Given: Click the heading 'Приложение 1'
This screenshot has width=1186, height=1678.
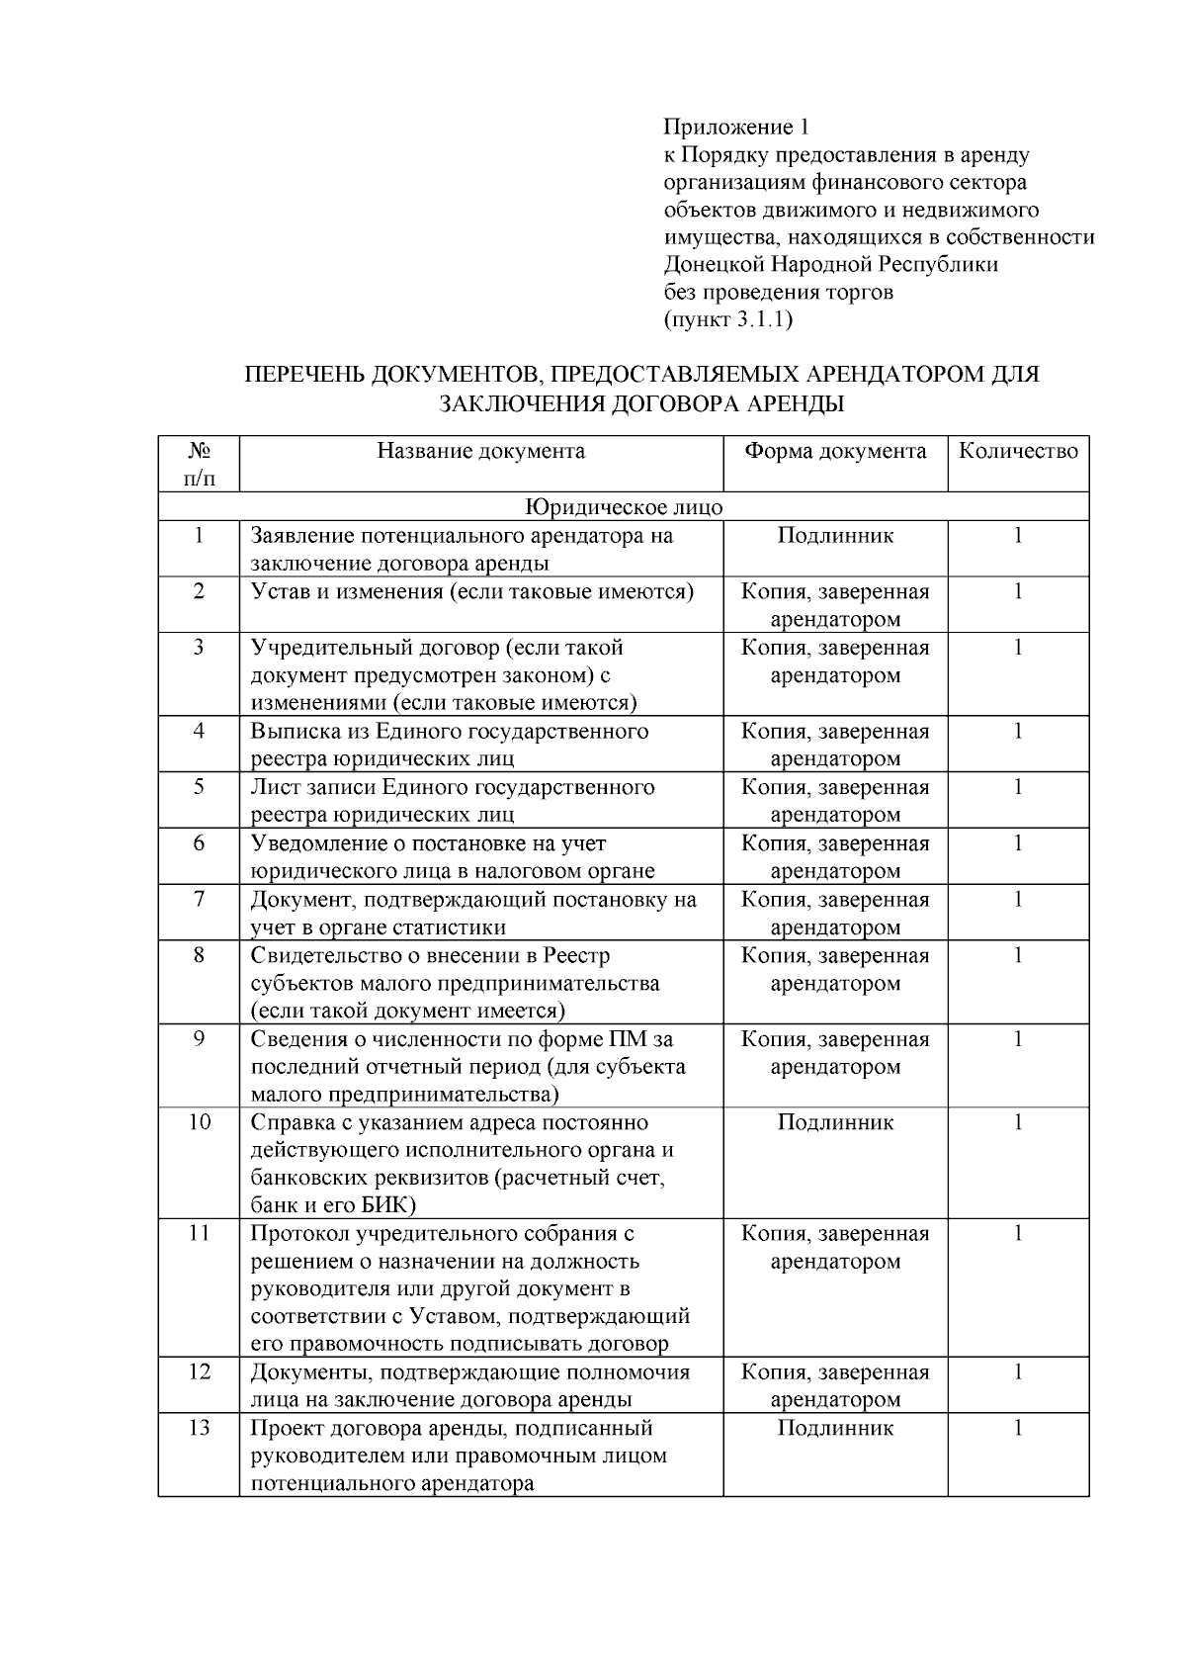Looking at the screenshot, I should [735, 128].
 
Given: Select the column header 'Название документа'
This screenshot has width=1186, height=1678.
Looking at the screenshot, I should [480, 452].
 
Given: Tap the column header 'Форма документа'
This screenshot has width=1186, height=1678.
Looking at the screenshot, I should [835, 452].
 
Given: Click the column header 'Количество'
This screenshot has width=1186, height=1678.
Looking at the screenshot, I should [1018, 452].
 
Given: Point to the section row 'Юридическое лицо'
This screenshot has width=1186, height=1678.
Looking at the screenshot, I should [623, 507].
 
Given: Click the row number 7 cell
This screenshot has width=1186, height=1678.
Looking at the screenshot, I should [199, 900].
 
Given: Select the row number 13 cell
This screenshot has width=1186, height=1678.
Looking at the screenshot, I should [199, 1428].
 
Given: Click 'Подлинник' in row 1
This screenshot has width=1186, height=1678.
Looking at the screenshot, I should [835, 536].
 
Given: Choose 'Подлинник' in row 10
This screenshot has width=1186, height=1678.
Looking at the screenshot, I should [835, 1122].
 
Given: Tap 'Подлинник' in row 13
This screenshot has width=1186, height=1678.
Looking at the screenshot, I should [835, 1428].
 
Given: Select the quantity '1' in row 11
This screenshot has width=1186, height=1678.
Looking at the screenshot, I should [1018, 1233].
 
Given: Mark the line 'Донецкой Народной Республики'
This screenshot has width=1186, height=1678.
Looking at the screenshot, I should [830, 265].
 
